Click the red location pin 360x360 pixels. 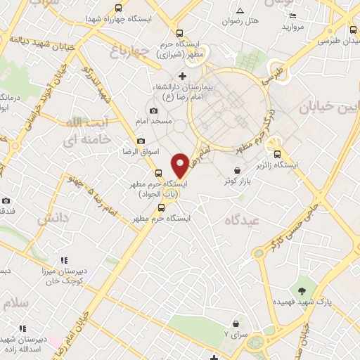[x=181, y=164]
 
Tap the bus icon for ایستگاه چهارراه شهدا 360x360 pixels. [x=118, y=9]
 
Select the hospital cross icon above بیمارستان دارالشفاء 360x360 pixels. [x=182, y=76]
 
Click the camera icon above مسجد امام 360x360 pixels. [x=154, y=111]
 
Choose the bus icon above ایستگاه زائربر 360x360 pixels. [x=277, y=155]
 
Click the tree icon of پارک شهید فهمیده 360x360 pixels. [x=302, y=290]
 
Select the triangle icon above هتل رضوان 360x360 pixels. [x=240, y=11]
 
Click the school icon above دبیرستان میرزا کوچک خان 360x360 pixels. [x=65, y=261]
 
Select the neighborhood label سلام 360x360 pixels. [x=15, y=303]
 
